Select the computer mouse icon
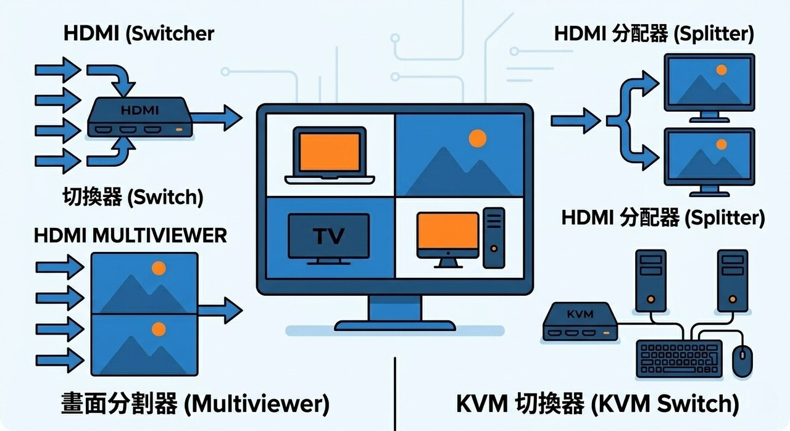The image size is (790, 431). pyautogui.click(x=742, y=361)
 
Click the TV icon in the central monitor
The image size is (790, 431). pyautogui.click(x=330, y=236)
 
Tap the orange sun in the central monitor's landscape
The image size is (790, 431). pyautogui.click(x=477, y=138)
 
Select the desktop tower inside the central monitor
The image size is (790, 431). pyautogui.click(x=494, y=237)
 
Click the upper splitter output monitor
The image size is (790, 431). pyautogui.click(x=709, y=86)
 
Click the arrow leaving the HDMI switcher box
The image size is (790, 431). pyautogui.click(x=216, y=117)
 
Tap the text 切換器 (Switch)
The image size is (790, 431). pyautogui.click(x=133, y=197)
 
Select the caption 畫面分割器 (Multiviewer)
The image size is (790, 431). pyautogui.click(x=195, y=404)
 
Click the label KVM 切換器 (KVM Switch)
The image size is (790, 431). pyautogui.click(x=597, y=404)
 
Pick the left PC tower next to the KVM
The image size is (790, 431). pyautogui.click(x=651, y=281)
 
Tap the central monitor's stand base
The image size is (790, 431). pyautogui.click(x=395, y=324)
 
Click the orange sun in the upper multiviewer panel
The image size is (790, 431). pyautogui.click(x=159, y=269)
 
